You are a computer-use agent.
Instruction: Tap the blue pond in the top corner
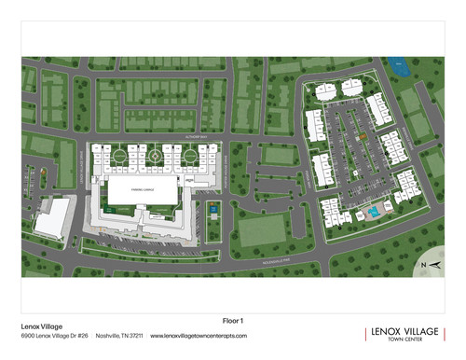[402, 67]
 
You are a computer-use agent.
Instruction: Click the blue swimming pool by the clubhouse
[373, 212]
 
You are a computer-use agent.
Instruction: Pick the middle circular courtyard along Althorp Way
[154, 157]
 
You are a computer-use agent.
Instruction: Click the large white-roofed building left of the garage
[53, 218]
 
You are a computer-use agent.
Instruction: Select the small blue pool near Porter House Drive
[213, 211]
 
